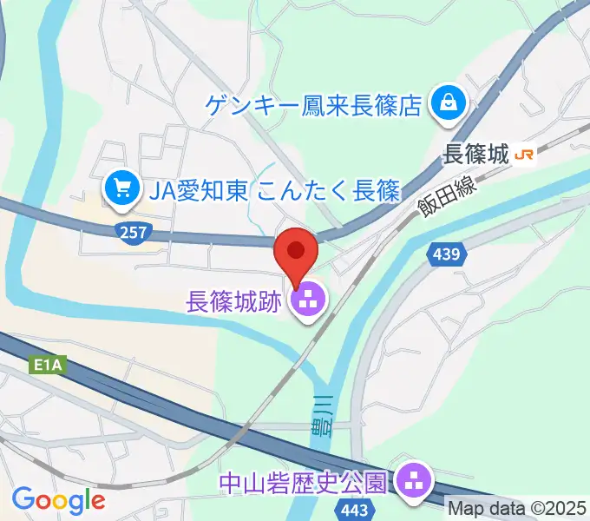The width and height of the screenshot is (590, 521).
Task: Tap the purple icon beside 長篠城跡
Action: tap(308, 303)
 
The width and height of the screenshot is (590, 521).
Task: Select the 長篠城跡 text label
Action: tap(235, 303)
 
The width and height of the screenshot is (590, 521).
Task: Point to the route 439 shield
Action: tap(448, 254)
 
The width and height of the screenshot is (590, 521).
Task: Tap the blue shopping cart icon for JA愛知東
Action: tap(120, 188)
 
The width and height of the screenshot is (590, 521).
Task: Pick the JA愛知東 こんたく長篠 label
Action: tap(273, 188)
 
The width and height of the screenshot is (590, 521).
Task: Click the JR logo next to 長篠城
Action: tap(524, 155)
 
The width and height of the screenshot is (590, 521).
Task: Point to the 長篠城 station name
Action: tap(475, 155)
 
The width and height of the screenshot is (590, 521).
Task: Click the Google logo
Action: tap(58, 500)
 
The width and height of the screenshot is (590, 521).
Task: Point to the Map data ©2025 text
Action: tap(517, 507)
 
